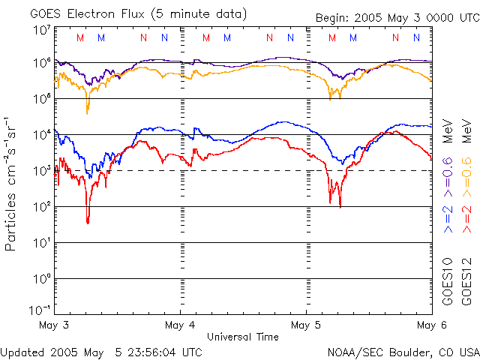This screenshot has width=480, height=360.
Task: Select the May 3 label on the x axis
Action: tap(53, 325)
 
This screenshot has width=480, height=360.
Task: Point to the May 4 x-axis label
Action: tap(180, 325)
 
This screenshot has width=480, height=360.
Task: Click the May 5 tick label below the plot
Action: tap(306, 325)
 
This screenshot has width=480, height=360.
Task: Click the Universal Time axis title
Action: tap(242, 337)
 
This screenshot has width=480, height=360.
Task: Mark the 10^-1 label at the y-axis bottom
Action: tap(40, 309)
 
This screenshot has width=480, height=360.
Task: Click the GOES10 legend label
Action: tap(448, 280)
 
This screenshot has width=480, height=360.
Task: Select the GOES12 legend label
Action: tap(466, 280)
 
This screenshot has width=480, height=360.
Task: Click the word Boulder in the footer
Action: tap(414, 351)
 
